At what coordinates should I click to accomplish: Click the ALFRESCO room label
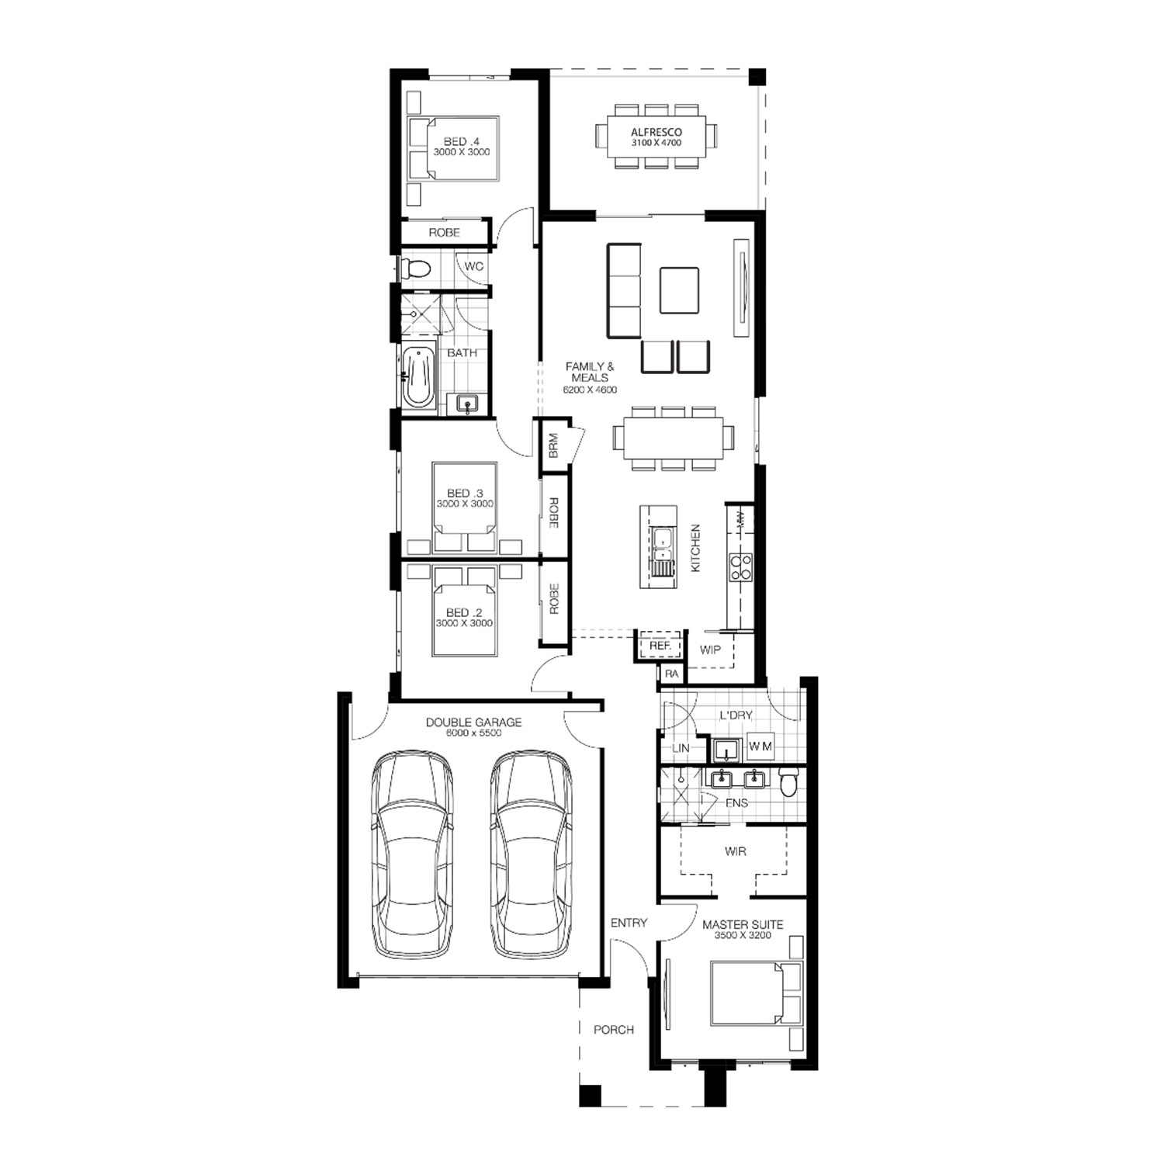[x=656, y=133]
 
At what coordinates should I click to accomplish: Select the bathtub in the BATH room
[x=417, y=376]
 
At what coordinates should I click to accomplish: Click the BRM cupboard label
[x=553, y=446]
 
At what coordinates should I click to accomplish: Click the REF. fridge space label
[x=660, y=646]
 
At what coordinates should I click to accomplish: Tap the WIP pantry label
[x=710, y=650]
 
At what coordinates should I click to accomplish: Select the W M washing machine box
[x=760, y=747]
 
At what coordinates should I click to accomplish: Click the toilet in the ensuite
[x=788, y=782]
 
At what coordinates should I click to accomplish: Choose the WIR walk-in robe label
[x=735, y=851]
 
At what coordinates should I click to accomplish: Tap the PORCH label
[x=614, y=1030]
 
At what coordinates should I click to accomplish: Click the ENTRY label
[x=629, y=923]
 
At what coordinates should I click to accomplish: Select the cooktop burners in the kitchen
[x=740, y=566]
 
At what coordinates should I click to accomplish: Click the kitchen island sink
[x=662, y=543]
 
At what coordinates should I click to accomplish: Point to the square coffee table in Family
[x=679, y=291]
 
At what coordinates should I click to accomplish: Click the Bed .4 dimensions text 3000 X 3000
[x=462, y=152]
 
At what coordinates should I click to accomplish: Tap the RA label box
[x=672, y=674]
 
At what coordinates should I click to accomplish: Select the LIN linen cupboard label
[x=681, y=748]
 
